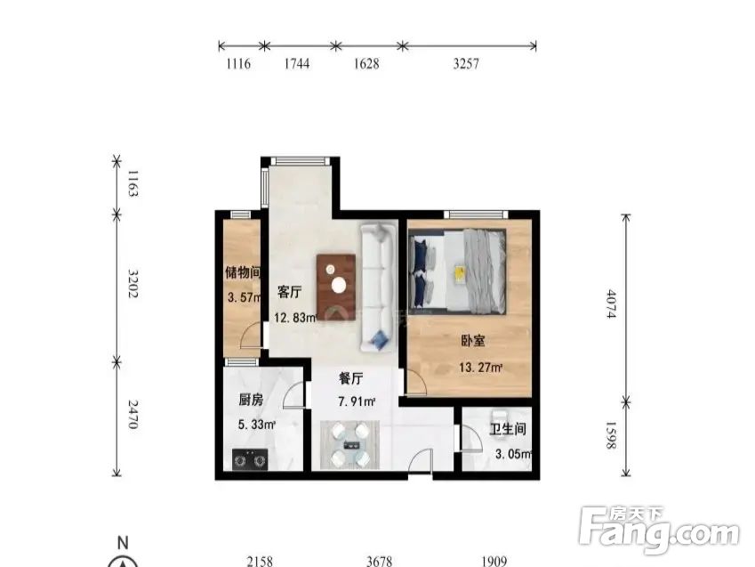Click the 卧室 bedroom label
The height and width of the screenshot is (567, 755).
pos(472,341)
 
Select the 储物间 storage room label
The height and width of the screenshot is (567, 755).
pos(242,272)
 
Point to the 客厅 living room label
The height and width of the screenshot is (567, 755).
pos(289,292)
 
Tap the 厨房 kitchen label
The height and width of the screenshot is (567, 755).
pos(250,401)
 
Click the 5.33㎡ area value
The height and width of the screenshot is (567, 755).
pos(256,425)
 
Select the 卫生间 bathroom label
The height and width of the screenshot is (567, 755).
pos(508,430)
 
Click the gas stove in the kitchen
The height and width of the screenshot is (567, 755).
pos(251,460)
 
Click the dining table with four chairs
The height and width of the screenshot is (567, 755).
pos(349,444)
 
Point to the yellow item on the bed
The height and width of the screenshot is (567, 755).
pos(460,272)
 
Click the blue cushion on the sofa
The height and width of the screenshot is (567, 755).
pos(381,339)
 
